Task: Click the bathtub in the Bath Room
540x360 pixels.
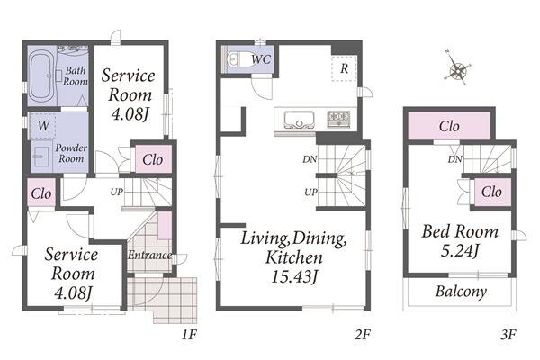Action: point(41,76)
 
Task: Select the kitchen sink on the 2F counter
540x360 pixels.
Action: point(300,119)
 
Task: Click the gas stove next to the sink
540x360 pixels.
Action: point(338,119)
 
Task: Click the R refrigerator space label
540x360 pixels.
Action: point(344,68)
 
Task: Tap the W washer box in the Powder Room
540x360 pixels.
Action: point(43,126)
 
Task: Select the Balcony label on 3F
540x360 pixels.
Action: point(461,292)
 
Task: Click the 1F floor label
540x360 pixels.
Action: point(189,334)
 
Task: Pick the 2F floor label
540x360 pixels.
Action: point(363,334)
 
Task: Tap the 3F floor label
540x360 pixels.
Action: point(508,334)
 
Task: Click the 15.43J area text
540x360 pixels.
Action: point(293,277)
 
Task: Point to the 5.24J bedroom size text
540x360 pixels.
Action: point(460,251)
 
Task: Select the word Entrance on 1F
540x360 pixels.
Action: point(149,255)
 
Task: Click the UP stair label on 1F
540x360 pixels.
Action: point(117,192)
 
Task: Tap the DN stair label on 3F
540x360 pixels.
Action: point(454,159)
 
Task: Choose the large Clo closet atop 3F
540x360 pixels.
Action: point(449,126)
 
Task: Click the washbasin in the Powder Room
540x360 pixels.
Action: point(41,156)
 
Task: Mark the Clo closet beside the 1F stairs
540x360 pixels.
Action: point(153,159)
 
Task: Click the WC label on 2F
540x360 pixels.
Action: point(261,59)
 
